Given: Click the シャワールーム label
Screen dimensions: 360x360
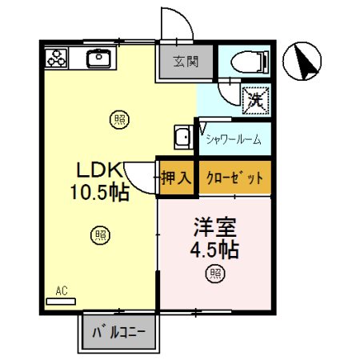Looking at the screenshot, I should tap(233, 141).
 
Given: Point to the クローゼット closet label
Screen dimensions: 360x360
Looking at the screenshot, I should tap(234, 178).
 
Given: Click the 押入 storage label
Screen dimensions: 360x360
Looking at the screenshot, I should tap(175, 178).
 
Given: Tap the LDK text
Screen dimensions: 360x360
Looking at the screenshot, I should tap(98, 170).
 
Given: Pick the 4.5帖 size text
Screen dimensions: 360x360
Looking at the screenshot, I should tap(213, 249).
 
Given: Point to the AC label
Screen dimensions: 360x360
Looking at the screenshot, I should tap(62, 291).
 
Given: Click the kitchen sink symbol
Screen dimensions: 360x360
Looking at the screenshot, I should tap(100, 58).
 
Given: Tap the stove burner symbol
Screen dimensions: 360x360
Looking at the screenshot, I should tap(57, 58).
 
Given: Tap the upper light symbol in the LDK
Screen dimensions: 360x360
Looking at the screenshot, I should tap(118, 120).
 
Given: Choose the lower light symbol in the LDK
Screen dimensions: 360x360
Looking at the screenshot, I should tap(99, 235).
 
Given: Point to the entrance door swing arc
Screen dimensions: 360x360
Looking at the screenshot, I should tap(176, 24).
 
